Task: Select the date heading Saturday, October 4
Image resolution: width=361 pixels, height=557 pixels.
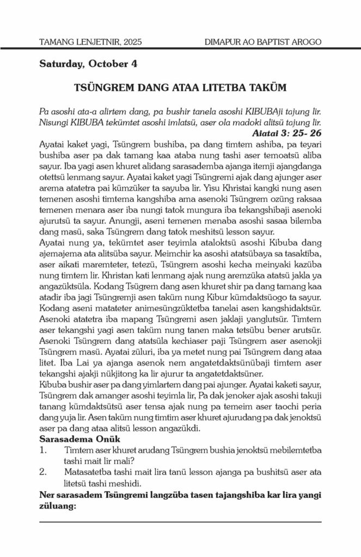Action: [x=88, y=64]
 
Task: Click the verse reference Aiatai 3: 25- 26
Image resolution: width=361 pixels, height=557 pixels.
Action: [x=287, y=132]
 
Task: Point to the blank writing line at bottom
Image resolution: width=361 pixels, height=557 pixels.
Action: [x=180, y=522]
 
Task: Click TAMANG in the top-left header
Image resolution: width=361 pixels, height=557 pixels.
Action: [x=59, y=41]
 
